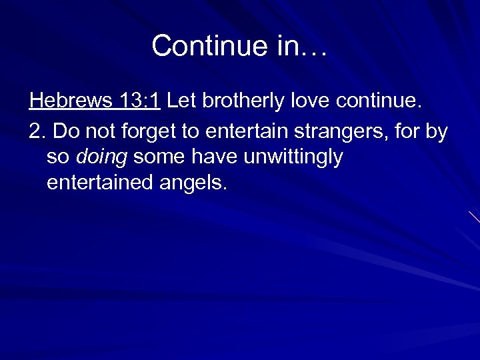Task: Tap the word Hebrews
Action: coord(70,101)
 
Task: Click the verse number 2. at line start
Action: coord(37,131)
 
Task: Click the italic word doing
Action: coord(102,157)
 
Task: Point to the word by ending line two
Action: coord(437,131)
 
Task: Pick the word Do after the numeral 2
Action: coord(64,131)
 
